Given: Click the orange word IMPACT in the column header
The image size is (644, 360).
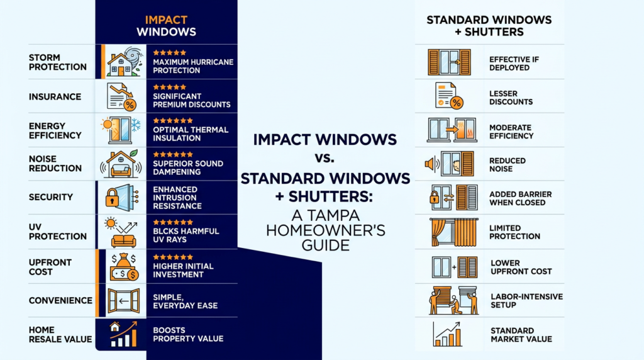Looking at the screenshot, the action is (166, 20).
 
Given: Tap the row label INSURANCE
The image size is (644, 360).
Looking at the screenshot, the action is (55, 96).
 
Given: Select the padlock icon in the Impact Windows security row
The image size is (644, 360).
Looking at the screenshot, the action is (112, 198).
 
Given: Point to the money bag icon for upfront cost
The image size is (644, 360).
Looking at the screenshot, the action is (124, 266).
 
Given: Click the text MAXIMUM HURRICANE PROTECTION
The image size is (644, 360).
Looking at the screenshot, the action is (193, 66).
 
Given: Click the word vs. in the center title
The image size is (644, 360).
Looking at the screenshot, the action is (325, 158).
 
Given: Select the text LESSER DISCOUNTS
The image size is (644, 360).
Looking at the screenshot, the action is (511, 98).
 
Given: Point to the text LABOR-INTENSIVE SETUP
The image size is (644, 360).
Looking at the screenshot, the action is (526, 301).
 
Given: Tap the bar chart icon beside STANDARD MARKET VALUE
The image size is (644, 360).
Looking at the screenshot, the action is (447, 334).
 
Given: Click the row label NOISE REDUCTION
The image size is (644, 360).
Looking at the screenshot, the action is (55, 164).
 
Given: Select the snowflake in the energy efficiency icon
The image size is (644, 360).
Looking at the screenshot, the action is (136, 125).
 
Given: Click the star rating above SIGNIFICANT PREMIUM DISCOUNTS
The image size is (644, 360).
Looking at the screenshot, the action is (169, 87).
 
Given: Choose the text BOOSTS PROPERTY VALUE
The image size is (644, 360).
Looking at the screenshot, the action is (188, 335).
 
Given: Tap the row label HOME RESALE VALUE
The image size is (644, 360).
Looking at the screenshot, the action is (60, 335).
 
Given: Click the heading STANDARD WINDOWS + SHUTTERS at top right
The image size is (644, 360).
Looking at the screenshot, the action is (489, 26).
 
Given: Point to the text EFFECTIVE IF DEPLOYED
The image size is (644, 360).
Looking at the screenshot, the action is (514, 64).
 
